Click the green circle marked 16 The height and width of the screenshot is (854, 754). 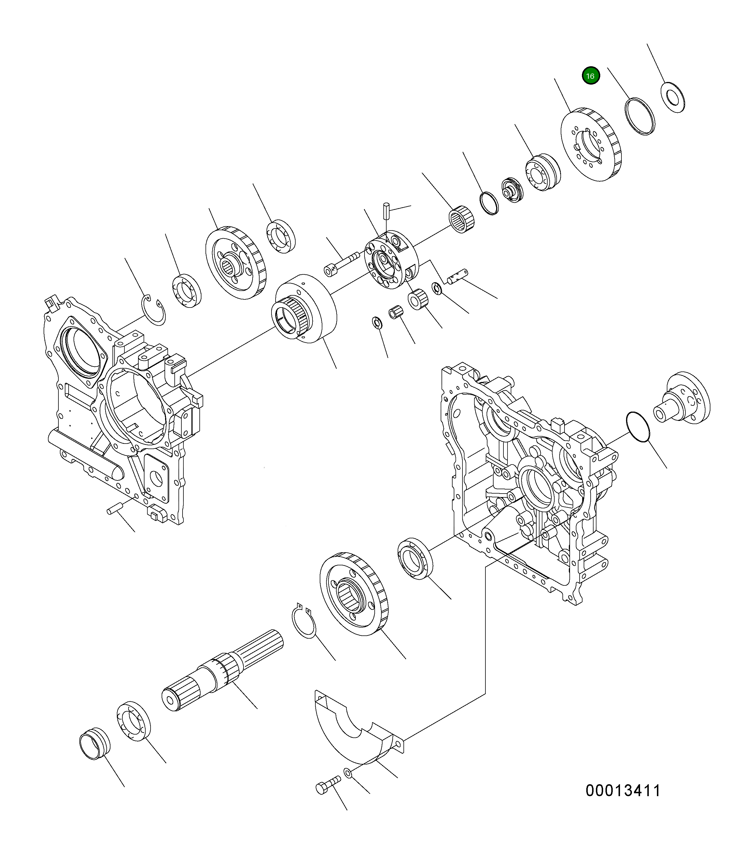[x=590, y=76]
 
